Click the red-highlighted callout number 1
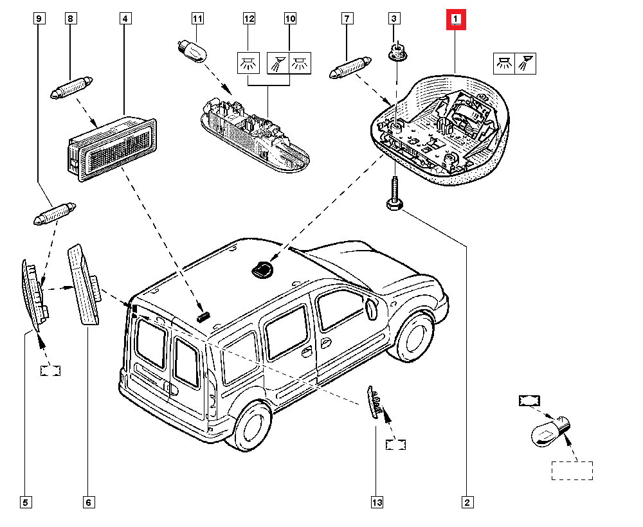pyautogui.click(x=456, y=21)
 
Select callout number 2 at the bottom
pyautogui.click(x=467, y=501)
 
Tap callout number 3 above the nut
pyautogui.click(x=395, y=19)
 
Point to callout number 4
pyautogui.click(x=125, y=19)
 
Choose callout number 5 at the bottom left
pyautogui.click(x=25, y=501)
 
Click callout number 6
pyautogui.click(x=88, y=501)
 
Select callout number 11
pyautogui.click(x=197, y=19)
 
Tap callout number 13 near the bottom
pyautogui.click(x=376, y=501)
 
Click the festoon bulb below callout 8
pyautogui.click(x=72, y=87)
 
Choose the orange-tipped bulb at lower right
pyautogui.click(x=550, y=431)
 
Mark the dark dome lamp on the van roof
pyautogui.click(x=262, y=270)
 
